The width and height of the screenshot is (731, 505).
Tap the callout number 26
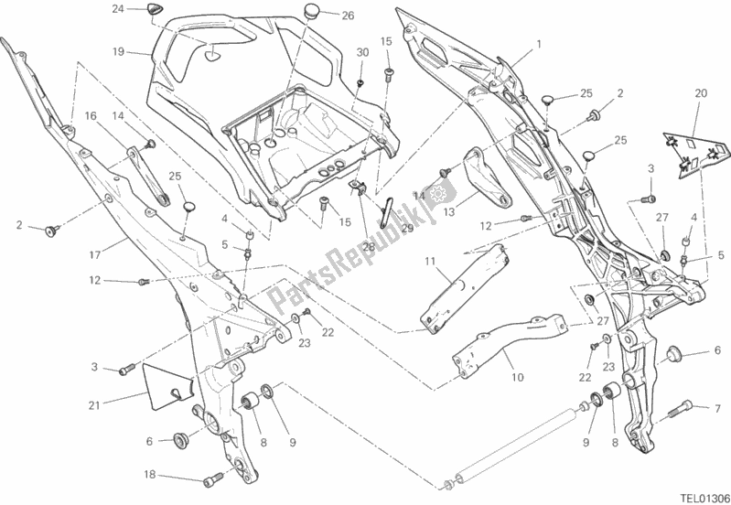tap(322, 16)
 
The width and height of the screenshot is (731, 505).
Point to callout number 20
tap(701, 93)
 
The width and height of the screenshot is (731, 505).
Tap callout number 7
tap(717, 407)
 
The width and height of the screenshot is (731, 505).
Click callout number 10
tap(518, 375)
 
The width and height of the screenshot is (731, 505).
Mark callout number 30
tap(361, 53)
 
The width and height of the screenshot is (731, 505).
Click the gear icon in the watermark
tap(435, 194)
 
